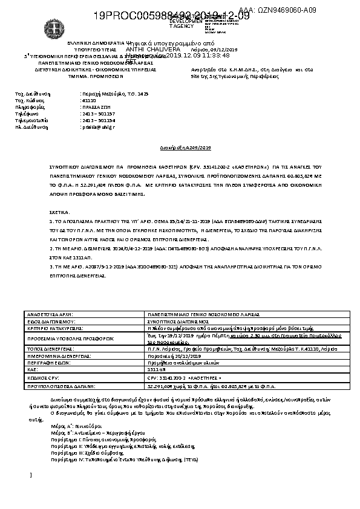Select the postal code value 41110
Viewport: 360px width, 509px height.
(88, 100)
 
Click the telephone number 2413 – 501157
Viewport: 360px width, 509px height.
(97, 113)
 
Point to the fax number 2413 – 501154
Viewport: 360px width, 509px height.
(97, 120)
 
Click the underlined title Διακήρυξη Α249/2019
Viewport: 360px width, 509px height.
(180, 148)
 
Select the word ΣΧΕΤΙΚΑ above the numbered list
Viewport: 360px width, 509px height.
(59, 213)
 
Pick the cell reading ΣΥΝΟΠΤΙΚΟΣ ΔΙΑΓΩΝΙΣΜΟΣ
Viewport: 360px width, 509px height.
(180, 322)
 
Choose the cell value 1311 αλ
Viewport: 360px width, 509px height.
(156, 368)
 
